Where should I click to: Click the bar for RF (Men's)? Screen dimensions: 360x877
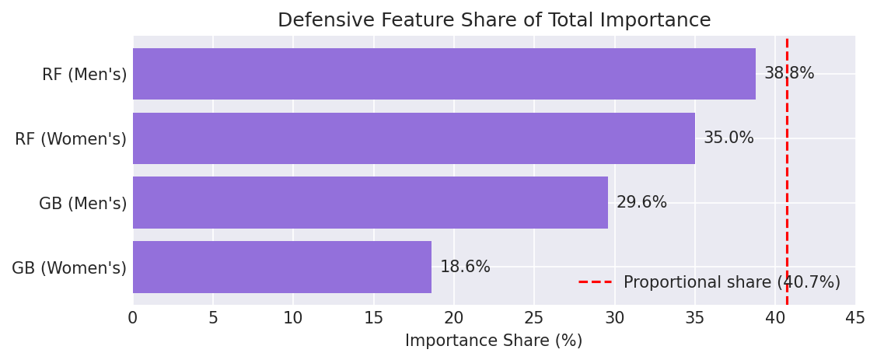click(x=444, y=74)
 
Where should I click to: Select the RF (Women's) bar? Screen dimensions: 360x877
click(x=414, y=138)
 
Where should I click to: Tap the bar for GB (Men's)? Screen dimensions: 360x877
click(x=370, y=203)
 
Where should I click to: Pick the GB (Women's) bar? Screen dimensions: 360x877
click(x=282, y=267)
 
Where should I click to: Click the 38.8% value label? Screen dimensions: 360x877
click(x=789, y=74)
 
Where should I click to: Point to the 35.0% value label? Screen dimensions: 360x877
click(x=729, y=138)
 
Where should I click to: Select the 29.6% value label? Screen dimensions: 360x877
click(x=641, y=203)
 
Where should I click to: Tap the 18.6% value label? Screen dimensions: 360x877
click(x=465, y=267)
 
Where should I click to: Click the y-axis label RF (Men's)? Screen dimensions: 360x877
click(x=84, y=75)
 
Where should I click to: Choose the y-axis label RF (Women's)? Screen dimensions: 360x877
click(x=71, y=140)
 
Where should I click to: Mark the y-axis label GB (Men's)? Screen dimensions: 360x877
click(x=82, y=204)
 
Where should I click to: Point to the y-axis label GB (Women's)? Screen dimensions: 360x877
click(x=69, y=269)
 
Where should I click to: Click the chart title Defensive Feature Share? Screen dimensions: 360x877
click(x=494, y=21)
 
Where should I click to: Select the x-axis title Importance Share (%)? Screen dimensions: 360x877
click(x=494, y=341)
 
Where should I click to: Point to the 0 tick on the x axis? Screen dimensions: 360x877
click(x=133, y=319)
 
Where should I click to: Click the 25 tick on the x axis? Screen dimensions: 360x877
click(x=534, y=319)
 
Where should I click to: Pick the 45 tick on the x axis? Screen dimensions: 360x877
click(x=855, y=319)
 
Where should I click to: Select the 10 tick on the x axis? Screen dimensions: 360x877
click(x=293, y=319)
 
